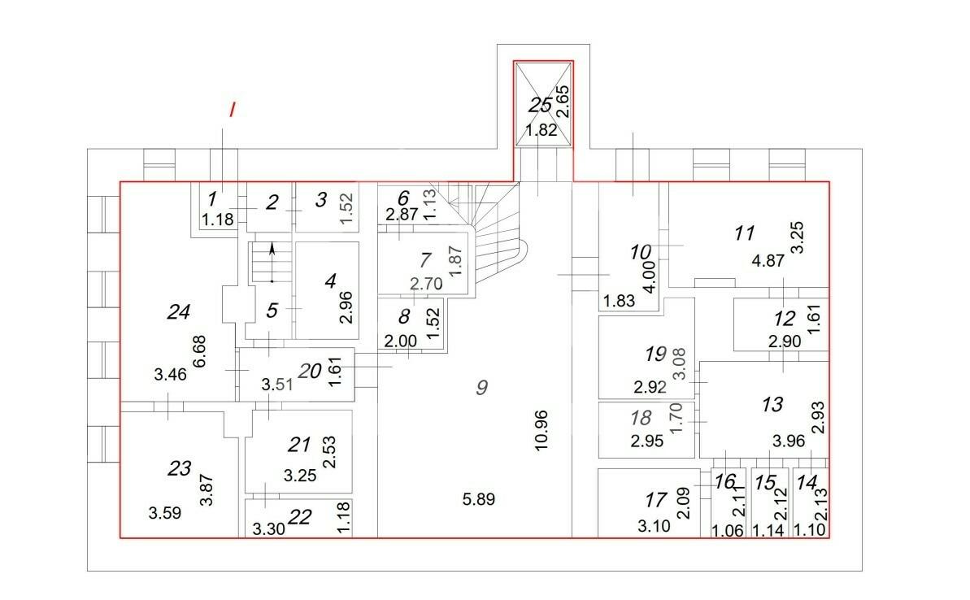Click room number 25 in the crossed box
540,105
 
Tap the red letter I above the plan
232,110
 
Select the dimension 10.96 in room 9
542,431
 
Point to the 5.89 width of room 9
479,499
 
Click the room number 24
178,311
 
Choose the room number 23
179,468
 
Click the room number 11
744,233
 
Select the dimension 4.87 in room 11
768,260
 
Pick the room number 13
772,405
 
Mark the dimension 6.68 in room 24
199,351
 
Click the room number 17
655,500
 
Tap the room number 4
330,281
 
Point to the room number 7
425,260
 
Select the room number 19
655,354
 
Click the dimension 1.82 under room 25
542,130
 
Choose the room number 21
298,444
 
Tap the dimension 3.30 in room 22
268,529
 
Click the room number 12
785,319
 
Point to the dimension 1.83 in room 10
620,301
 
